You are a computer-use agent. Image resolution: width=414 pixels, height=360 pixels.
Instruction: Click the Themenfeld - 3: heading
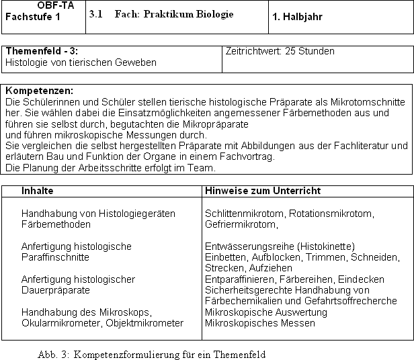(42, 52)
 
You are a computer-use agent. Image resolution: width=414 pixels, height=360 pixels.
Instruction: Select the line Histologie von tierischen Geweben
(81, 62)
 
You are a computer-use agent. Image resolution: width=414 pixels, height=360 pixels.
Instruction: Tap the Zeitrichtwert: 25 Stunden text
(280, 51)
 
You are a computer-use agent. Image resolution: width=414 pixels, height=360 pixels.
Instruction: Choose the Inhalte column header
(38, 191)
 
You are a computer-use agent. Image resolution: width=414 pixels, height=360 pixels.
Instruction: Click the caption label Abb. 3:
(54, 354)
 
